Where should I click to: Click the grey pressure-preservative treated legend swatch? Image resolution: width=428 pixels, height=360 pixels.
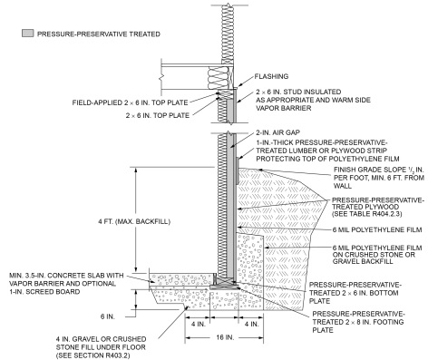(x=27, y=34)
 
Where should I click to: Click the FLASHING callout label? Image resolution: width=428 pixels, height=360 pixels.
(x=271, y=76)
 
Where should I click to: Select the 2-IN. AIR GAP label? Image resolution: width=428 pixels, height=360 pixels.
(x=277, y=132)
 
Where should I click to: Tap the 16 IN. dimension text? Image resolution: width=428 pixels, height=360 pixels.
(x=225, y=337)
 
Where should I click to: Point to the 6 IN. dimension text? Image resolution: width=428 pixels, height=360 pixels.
(x=108, y=316)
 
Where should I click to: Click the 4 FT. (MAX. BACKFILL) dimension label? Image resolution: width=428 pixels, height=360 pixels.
(x=134, y=221)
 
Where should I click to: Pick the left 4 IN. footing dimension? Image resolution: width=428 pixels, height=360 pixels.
(x=198, y=324)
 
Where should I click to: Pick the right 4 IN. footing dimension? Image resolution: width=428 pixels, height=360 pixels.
(x=251, y=324)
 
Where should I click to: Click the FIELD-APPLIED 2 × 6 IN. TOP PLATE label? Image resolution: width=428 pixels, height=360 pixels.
(x=130, y=102)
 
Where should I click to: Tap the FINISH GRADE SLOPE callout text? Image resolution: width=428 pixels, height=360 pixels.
(x=379, y=178)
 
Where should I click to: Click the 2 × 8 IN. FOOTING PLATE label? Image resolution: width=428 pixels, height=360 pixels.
(x=358, y=322)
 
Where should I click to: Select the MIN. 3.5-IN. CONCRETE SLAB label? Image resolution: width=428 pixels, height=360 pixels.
(x=66, y=284)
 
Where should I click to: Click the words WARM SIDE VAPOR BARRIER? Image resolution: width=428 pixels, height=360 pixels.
(x=313, y=104)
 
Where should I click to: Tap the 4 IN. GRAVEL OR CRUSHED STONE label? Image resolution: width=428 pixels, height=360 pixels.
(x=101, y=343)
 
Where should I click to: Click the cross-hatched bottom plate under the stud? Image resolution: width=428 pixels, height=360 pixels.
(x=225, y=281)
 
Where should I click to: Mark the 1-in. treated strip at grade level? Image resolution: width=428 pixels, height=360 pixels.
(x=238, y=170)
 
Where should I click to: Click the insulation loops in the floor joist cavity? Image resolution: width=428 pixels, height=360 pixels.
(x=219, y=78)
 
